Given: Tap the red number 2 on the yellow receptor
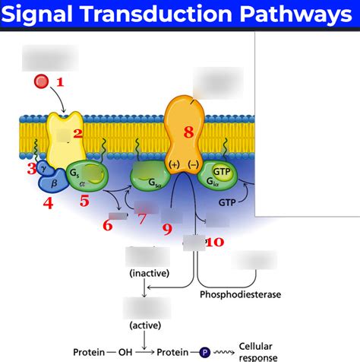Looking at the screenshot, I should (x=77, y=135).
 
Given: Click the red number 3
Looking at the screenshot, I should (x=32, y=168).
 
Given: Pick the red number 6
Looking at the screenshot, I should (x=107, y=225).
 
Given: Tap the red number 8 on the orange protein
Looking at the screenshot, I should (x=189, y=132).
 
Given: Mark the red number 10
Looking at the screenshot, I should (x=215, y=242).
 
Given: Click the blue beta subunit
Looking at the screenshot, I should (x=53, y=183).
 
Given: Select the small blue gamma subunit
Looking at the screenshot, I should (x=43, y=167).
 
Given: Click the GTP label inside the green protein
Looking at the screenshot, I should (x=223, y=173).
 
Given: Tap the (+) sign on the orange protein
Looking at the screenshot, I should (x=174, y=164).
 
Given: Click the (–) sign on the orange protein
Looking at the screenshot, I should (x=194, y=164).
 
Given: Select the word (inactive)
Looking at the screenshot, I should (x=149, y=272).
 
